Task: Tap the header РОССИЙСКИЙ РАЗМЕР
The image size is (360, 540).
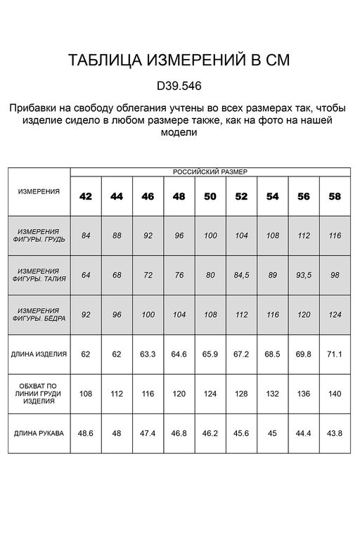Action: click(210, 172)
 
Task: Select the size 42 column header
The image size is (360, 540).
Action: click(86, 196)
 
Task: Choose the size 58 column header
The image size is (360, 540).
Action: click(335, 196)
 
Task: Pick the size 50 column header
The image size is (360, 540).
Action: click(210, 196)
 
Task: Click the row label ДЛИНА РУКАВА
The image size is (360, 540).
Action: click(39, 433)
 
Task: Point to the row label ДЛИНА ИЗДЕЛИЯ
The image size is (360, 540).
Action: click(39, 354)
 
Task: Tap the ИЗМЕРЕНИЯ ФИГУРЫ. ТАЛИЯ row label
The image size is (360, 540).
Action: click(39, 274)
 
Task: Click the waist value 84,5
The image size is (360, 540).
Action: click(241, 275)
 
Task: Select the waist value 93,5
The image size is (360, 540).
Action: click(304, 275)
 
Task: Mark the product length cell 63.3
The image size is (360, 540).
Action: click(148, 354)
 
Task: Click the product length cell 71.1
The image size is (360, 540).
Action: click(335, 354)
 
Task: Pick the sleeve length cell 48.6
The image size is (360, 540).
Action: click(86, 433)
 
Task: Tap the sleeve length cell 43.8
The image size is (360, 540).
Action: click(335, 433)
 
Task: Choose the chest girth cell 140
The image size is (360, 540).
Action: click(335, 394)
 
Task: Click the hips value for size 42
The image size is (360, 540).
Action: click(86, 314)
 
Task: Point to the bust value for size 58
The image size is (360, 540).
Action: click(335, 236)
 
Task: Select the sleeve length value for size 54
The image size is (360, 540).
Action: click(273, 433)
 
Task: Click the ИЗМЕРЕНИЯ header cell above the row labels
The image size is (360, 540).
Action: click(39, 191)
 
